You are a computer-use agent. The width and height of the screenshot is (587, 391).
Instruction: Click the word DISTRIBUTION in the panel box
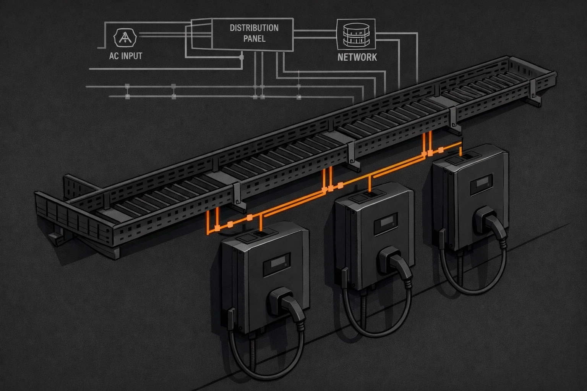[x=254, y=28]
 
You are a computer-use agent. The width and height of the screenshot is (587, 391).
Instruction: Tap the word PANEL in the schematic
[x=254, y=39]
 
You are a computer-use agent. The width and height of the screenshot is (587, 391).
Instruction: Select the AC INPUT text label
[x=125, y=56]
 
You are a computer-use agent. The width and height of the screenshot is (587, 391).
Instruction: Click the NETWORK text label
[x=357, y=57]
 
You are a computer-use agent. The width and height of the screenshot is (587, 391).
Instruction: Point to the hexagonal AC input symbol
[x=125, y=37]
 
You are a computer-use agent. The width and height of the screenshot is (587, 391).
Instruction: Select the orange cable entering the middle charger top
[x=370, y=184]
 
